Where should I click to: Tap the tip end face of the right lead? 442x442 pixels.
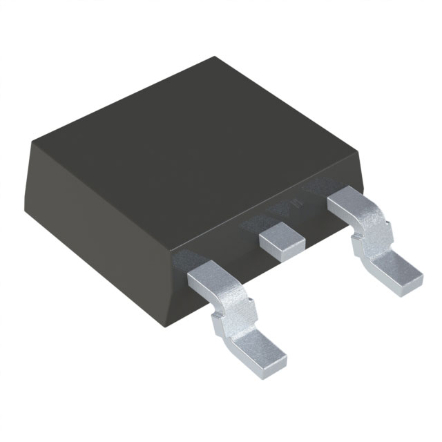tap(412, 283)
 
